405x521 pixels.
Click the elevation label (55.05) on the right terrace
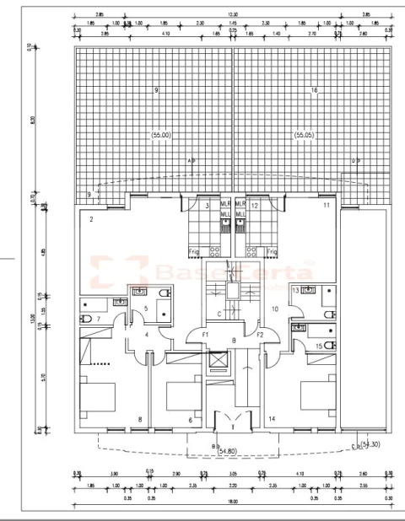point(305,135)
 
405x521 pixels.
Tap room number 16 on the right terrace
point(314,90)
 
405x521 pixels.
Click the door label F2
point(261,336)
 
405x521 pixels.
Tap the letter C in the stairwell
point(219,314)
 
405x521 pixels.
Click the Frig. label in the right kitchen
point(271,251)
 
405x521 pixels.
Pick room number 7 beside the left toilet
point(99,320)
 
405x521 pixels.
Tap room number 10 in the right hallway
point(275,309)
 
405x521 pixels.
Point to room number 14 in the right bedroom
point(272,419)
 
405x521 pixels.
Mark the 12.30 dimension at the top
point(234,14)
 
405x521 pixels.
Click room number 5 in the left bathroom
point(145,309)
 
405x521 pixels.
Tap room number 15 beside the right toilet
point(318,346)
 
